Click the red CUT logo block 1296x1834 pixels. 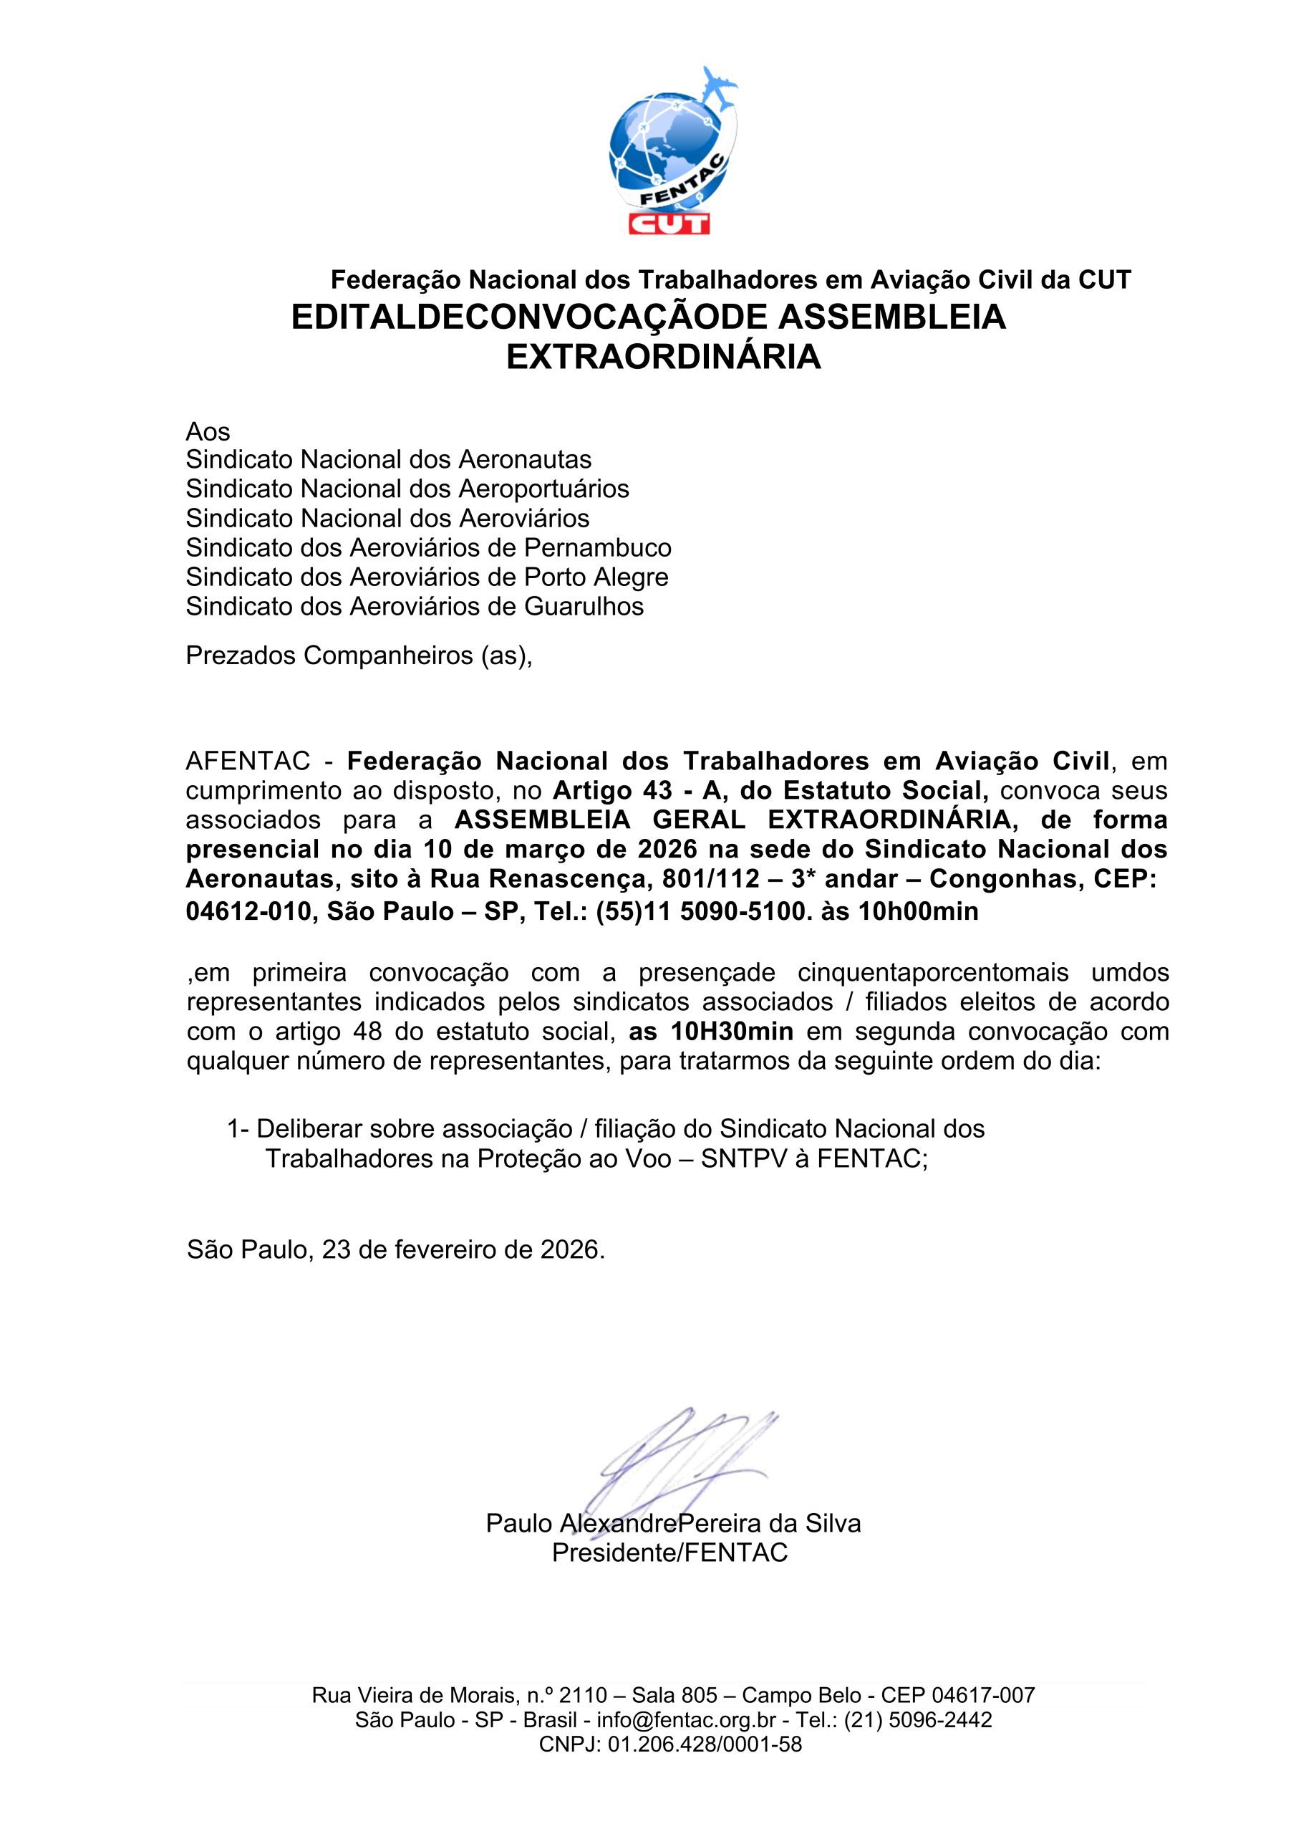tap(669, 221)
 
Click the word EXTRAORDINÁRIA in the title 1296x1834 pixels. tap(664, 357)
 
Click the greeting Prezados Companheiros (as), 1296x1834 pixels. tap(359, 655)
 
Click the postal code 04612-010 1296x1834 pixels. tap(248, 911)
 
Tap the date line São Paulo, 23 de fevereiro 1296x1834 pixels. tap(396, 1249)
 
